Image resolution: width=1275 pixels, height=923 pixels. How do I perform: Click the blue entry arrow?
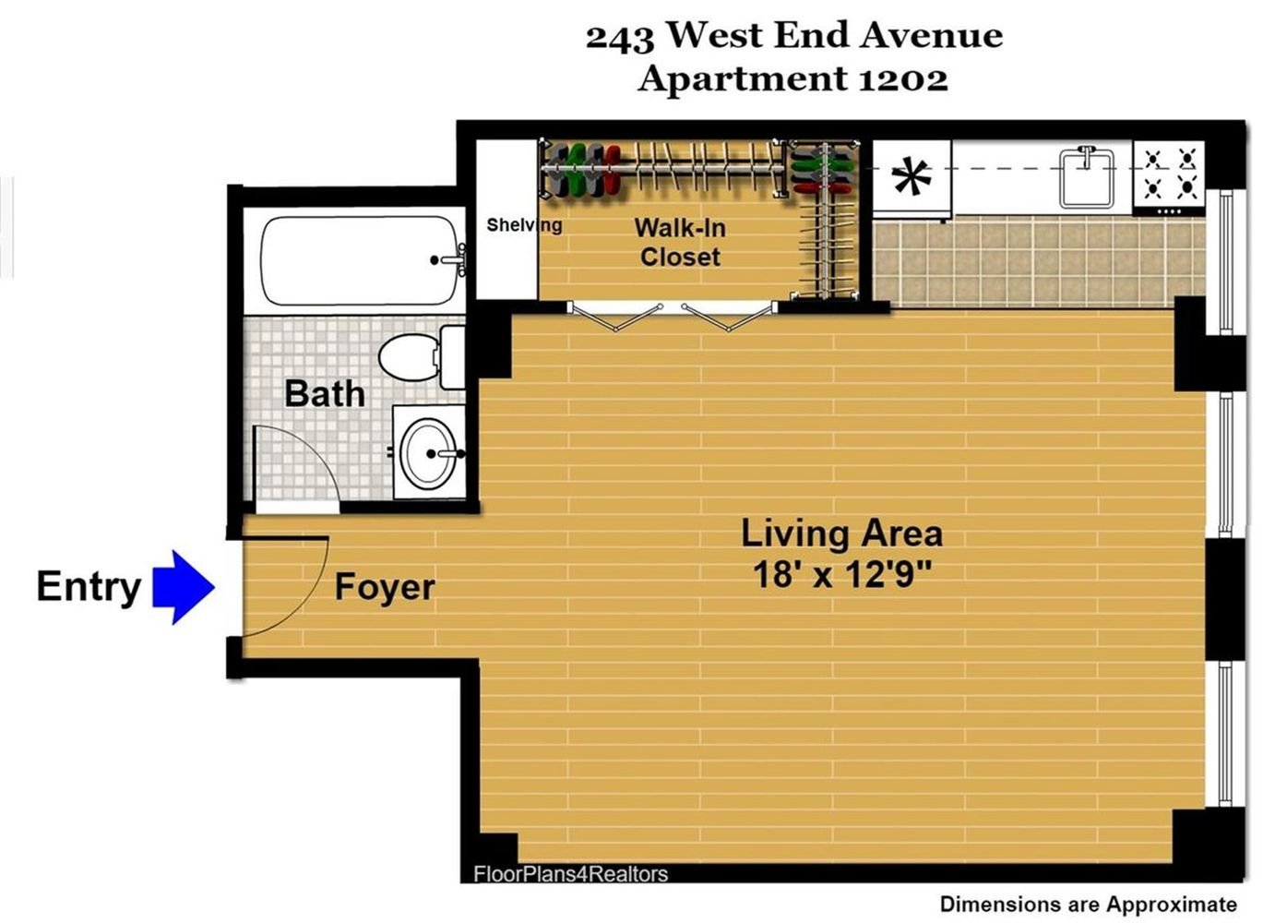click(x=184, y=587)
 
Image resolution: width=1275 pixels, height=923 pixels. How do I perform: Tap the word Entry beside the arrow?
click(x=89, y=587)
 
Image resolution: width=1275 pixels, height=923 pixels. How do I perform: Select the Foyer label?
click(x=385, y=587)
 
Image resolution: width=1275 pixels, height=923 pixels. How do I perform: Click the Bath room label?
click(x=325, y=393)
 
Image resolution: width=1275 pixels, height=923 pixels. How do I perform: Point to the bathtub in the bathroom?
click(x=363, y=260)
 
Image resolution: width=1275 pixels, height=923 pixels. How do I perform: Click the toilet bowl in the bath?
click(x=409, y=357)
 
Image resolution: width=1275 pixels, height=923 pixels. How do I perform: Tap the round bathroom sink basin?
click(x=428, y=453)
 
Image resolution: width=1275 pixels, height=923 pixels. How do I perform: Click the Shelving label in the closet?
click(x=524, y=225)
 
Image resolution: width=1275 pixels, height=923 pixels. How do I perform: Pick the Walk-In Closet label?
click(x=680, y=243)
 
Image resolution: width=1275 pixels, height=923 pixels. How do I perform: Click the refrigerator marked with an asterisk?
click(x=912, y=179)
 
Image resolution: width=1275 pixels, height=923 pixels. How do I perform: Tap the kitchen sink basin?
click(x=1087, y=177)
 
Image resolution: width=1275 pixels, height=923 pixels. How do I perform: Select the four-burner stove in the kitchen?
click(x=1169, y=177)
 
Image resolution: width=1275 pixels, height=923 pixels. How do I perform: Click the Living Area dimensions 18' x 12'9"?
click(x=841, y=574)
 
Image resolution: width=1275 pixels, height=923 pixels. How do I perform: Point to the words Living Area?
click(x=841, y=534)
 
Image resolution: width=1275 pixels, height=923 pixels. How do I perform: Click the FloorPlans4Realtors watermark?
click(x=571, y=874)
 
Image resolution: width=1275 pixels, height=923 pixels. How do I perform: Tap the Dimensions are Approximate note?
click(x=1089, y=905)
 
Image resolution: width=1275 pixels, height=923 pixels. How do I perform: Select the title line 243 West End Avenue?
click(x=794, y=36)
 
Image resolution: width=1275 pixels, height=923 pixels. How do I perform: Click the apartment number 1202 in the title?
click(x=903, y=78)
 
